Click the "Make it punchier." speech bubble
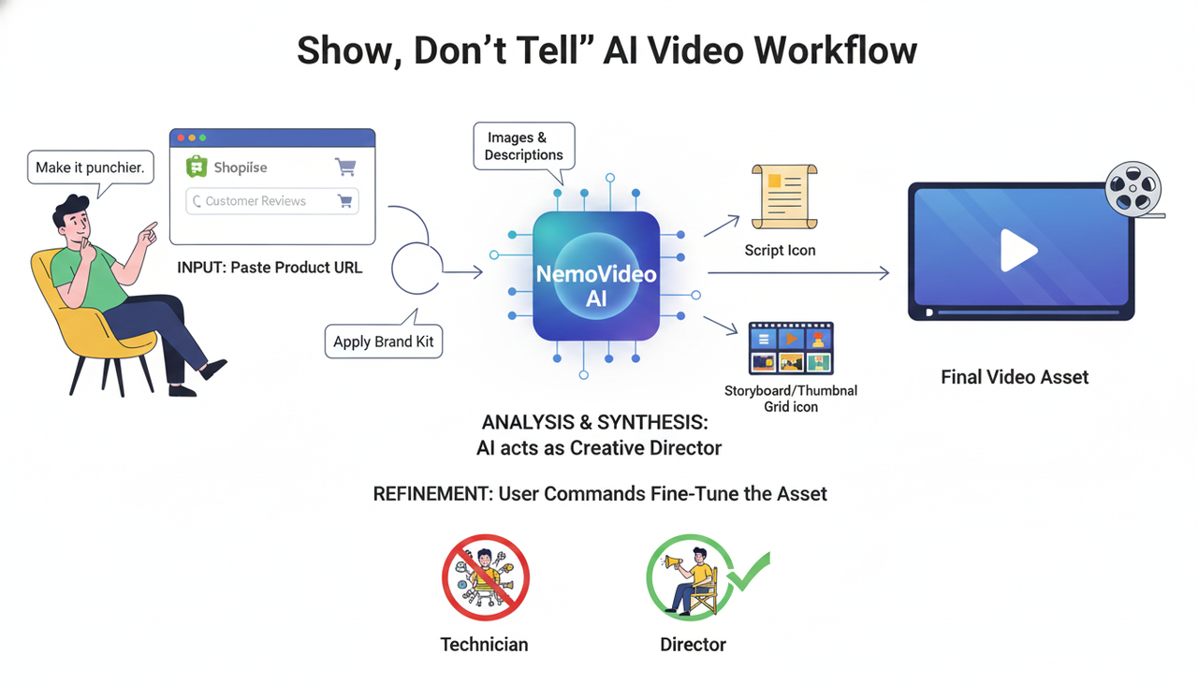(x=90, y=167)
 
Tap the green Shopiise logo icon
(x=197, y=167)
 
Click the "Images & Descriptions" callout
(x=523, y=146)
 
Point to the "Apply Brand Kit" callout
(x=384, y=342)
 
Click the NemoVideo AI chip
(x=596, y=275)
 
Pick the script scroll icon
(x=784, y=196)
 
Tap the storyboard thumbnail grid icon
(x=791, y=348)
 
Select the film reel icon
(x=1132, y=190)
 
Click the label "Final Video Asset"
(x=1015, y=378)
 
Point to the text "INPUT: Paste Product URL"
(x=270, y=268)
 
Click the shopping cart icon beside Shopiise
(x=345, y=167)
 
